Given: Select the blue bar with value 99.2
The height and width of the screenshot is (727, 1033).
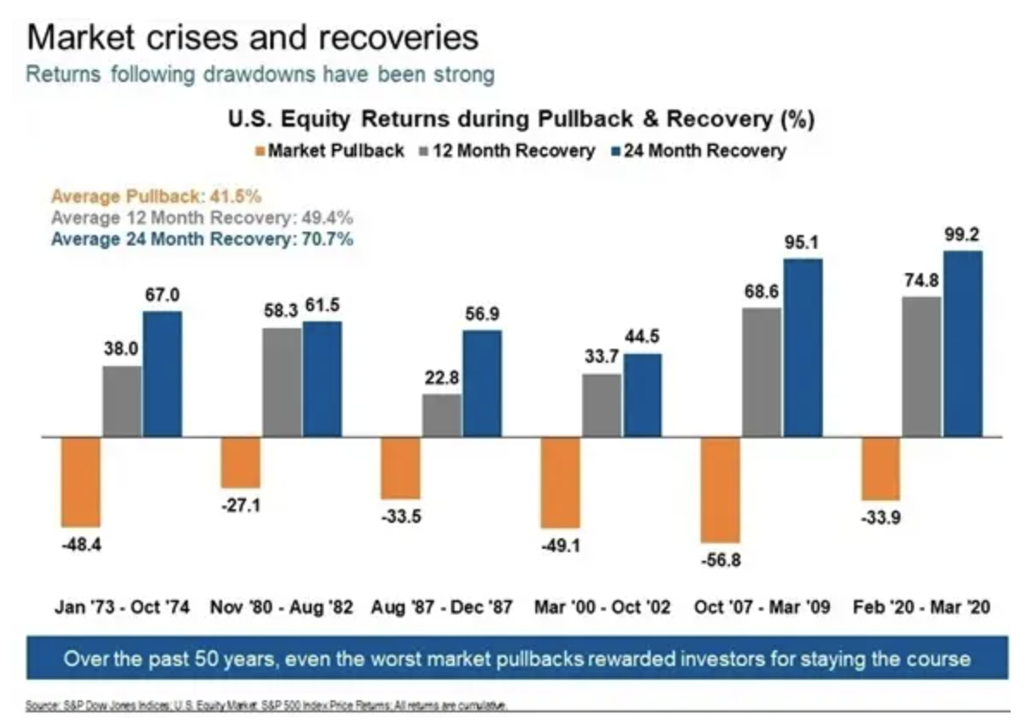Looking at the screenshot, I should coord(962,344).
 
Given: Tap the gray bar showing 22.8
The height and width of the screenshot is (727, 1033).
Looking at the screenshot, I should coord(442,416).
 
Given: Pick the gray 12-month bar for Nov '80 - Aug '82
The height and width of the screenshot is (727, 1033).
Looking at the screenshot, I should coord(281,382).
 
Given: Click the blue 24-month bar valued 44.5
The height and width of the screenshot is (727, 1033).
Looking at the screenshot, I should coord(642,395).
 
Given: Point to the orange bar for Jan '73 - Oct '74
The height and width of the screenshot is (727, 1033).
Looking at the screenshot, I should coord(80,482).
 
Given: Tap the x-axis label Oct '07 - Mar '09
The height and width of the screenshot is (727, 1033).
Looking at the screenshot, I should coord(762,607).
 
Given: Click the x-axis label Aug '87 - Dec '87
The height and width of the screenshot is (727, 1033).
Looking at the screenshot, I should coord(442,607).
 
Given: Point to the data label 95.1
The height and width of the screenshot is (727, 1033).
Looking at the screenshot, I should coord(801,243).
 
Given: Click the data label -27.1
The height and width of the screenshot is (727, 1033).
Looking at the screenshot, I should coord(241,506).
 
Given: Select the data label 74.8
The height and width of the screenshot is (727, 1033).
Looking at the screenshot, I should coord(921,280).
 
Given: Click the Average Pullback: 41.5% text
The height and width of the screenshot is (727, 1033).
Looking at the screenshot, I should coord(156,196).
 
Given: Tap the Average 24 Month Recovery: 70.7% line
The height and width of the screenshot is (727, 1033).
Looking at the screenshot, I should coord(201,239).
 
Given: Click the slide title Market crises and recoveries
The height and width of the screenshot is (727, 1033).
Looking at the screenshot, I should coord(252,38).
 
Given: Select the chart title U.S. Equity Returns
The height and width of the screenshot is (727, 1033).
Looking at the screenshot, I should coord(521,120).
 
